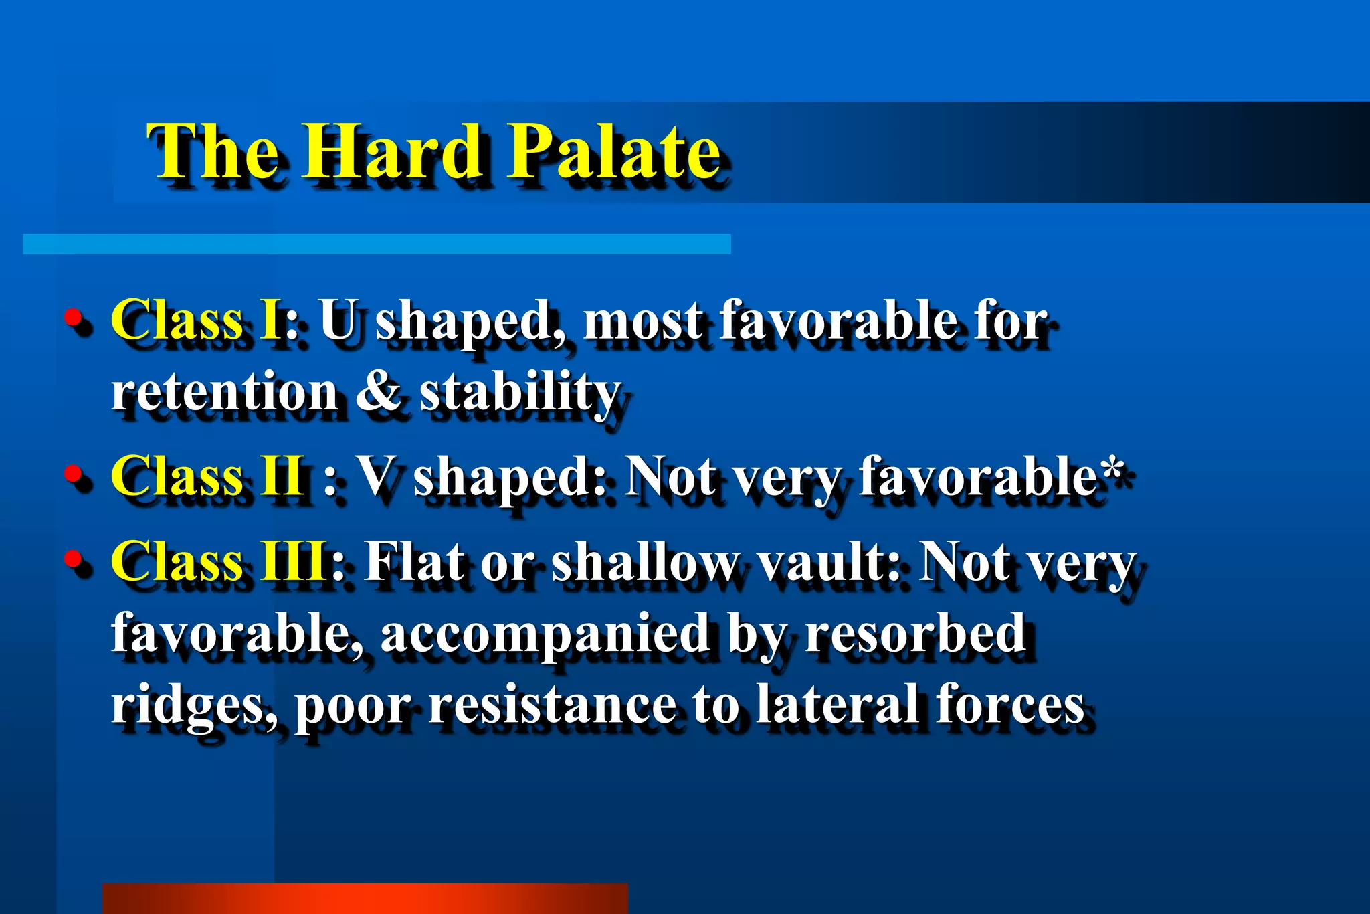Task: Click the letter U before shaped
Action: click(339, 320)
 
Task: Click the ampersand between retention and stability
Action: click(378, 392)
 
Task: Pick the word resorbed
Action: click(915, 632)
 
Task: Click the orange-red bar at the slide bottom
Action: click(365, 898)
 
